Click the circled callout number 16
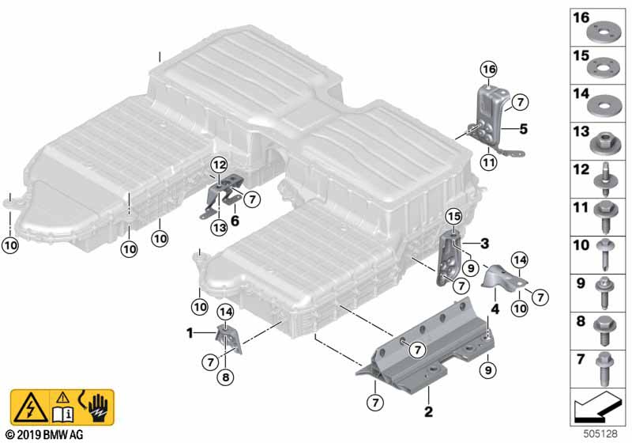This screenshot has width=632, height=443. (x=489, y=70)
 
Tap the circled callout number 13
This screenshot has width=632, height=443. (x=220, y=228)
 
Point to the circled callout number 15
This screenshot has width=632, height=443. (x=453, y=217)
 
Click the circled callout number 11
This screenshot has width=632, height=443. (x=488, y=163)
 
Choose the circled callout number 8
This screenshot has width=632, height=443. (x=225, y=377)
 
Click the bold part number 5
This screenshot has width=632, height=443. (x=523, y=129)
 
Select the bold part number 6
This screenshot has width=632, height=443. (x=235, y=221)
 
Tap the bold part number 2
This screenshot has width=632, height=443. (x=428, y=411)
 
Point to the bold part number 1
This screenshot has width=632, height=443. (x=190, y=333)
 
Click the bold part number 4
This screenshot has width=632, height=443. (x=495, y=309)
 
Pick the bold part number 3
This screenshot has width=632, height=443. (x=484, y=244)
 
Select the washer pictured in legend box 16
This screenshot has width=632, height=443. (x=604, y=32)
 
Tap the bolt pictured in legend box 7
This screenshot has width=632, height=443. (x=604, y=368)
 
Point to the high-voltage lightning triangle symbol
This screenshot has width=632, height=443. (x=30, y=407)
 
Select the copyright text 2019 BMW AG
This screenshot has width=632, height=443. (x=45, y=435)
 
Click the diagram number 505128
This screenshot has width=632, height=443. (x=600, y=434)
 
